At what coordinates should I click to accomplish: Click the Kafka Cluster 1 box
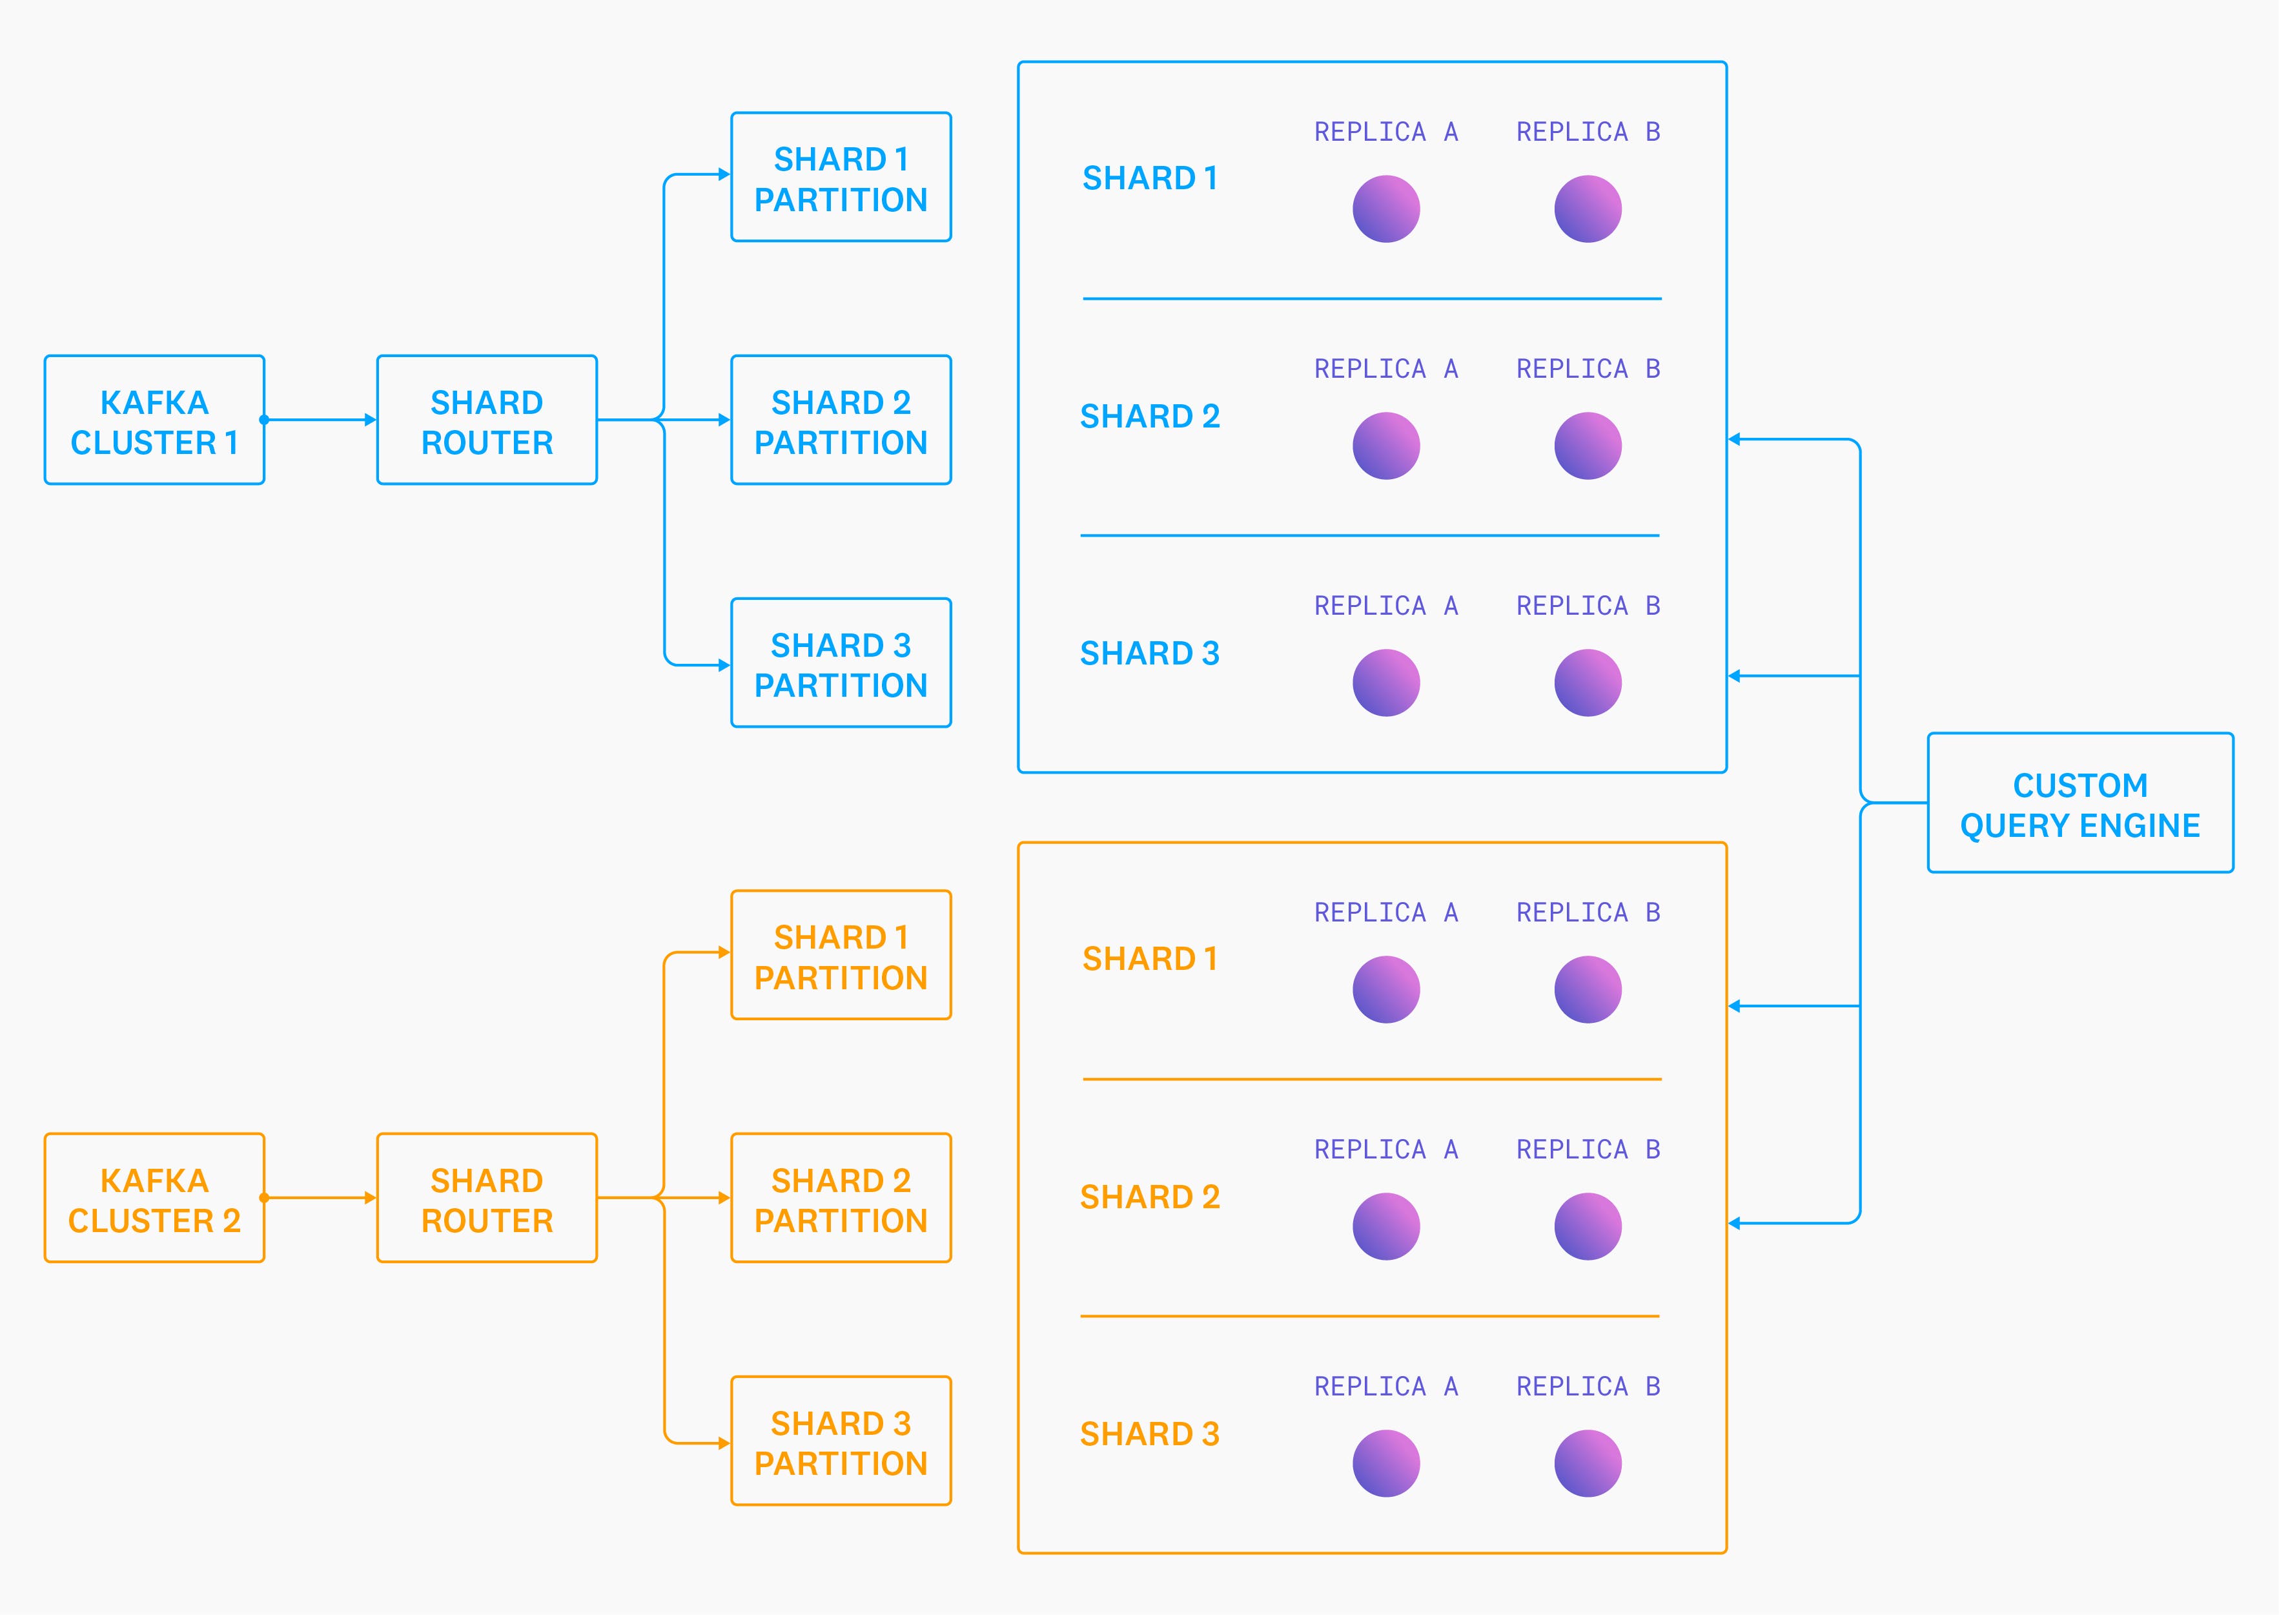pyautogui.click(x=154, y=420)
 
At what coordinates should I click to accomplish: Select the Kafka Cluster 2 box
pyautogui.click(x=154, y=1199)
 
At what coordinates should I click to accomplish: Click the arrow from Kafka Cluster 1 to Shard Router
pyautogui.click(x=320, y=420)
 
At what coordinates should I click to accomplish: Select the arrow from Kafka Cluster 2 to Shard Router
pyautogui.click(x=320, y=1199)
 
